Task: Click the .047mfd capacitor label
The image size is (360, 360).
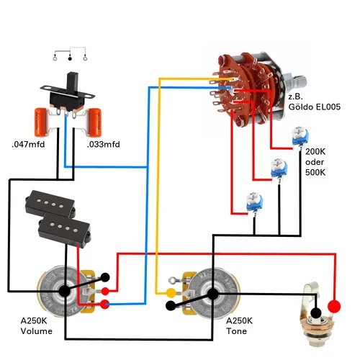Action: (28, 145)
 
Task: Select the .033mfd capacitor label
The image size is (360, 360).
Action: (103, 145)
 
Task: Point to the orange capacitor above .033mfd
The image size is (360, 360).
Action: (94, 122)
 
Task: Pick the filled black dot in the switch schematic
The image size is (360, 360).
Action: (70, 58)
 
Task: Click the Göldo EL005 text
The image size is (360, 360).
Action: (315, 107)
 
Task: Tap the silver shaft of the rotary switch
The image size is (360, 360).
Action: (295, 81)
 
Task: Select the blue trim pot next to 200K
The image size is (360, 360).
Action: (300, 136)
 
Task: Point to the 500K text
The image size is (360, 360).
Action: (315, 172)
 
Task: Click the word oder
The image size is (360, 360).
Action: (315, 162)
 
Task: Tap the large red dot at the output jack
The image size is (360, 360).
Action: (334, 307)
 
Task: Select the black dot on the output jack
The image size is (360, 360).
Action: (316, 312)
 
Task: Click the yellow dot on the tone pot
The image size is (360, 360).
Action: (171, 293)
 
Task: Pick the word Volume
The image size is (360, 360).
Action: (37, 331)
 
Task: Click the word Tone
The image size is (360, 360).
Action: (236, 331)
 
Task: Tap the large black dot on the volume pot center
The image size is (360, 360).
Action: (65, 291)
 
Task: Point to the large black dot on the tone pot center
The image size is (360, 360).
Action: (212, 294)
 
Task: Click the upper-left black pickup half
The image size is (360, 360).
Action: (50, 204)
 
